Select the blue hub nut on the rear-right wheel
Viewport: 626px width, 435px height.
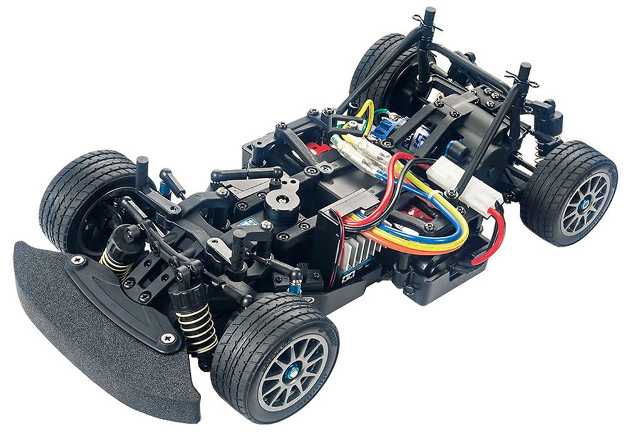click(x=583, y=204)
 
